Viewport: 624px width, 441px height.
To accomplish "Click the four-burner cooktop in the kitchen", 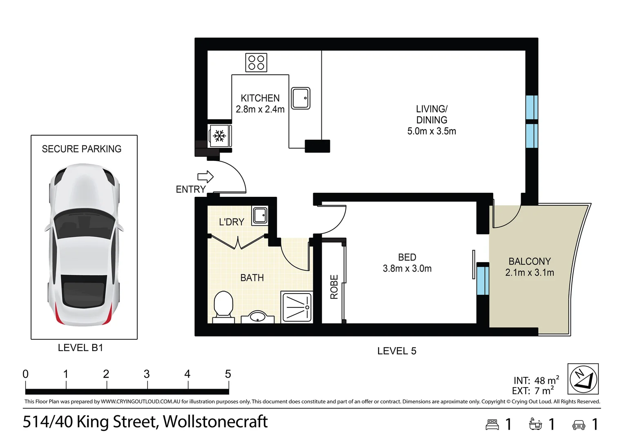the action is pyautogui.click(x=256, y=63).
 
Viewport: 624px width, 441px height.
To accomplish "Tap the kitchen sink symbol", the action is pyautogui.click(x=301, y=98).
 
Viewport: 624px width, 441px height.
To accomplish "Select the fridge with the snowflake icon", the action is pyautogui.click(x=220, y=136).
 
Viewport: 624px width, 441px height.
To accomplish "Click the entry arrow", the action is pyautogui.click(x=205, y=177).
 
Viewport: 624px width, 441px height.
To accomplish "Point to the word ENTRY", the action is pyautogui.click(x=191, y=189).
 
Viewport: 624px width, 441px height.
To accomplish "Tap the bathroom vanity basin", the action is pyautogui.click(x=258, y=317).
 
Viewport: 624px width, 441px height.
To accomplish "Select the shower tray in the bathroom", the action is pyautogui.click(x=296, y=307).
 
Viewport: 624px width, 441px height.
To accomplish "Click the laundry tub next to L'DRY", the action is pyautogui.click(x=260, y=215).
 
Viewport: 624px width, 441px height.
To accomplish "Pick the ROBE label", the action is pyautogui.click(x=334, y=287).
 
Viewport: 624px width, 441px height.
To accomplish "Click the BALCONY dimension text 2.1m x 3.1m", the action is pyautogui.click(x=530, y=272).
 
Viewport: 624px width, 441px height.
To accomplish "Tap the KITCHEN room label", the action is pyautogui.click(x=260, y=98).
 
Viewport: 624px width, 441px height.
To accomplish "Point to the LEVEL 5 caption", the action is pyautogui.click(x=397, y=351).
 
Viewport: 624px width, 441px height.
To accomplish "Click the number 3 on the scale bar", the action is pyautogui.click(x=147, y=374).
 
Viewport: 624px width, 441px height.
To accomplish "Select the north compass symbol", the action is pyautogui.click(x=583, y=379).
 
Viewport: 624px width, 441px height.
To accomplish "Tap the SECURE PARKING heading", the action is pyautogui.click(x=82, y=149).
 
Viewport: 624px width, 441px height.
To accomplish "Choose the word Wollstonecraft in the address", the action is pyautogui.click(x=215, y=421).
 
